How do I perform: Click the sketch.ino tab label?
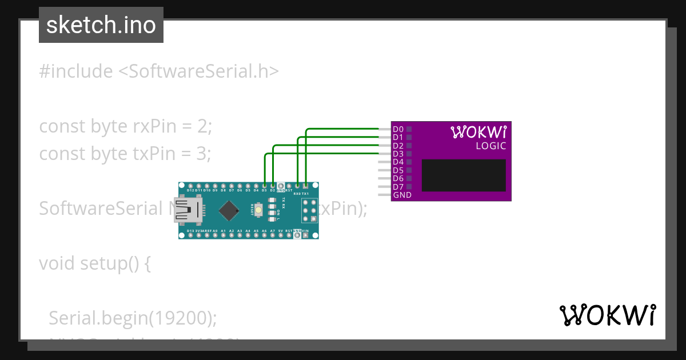click(101, 25)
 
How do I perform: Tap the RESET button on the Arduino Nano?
click(258, 211)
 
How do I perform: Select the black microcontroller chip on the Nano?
click(229, 210)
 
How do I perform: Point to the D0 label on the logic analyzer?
click(398, 129)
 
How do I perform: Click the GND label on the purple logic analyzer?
click(402, 195)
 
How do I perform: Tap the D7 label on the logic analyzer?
click(398, 187)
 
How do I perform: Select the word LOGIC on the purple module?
click(490, 146)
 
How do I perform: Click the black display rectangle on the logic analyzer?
click(464, 175)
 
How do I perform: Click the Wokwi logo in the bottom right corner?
click(607, 315)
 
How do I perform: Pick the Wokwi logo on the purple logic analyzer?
click(478, 132)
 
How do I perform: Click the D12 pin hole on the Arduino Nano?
click(190, 186)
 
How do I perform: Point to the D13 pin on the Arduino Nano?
click(190, 235)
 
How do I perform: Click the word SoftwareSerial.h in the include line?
click(198, 71)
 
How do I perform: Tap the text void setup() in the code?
click(94, 263)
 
